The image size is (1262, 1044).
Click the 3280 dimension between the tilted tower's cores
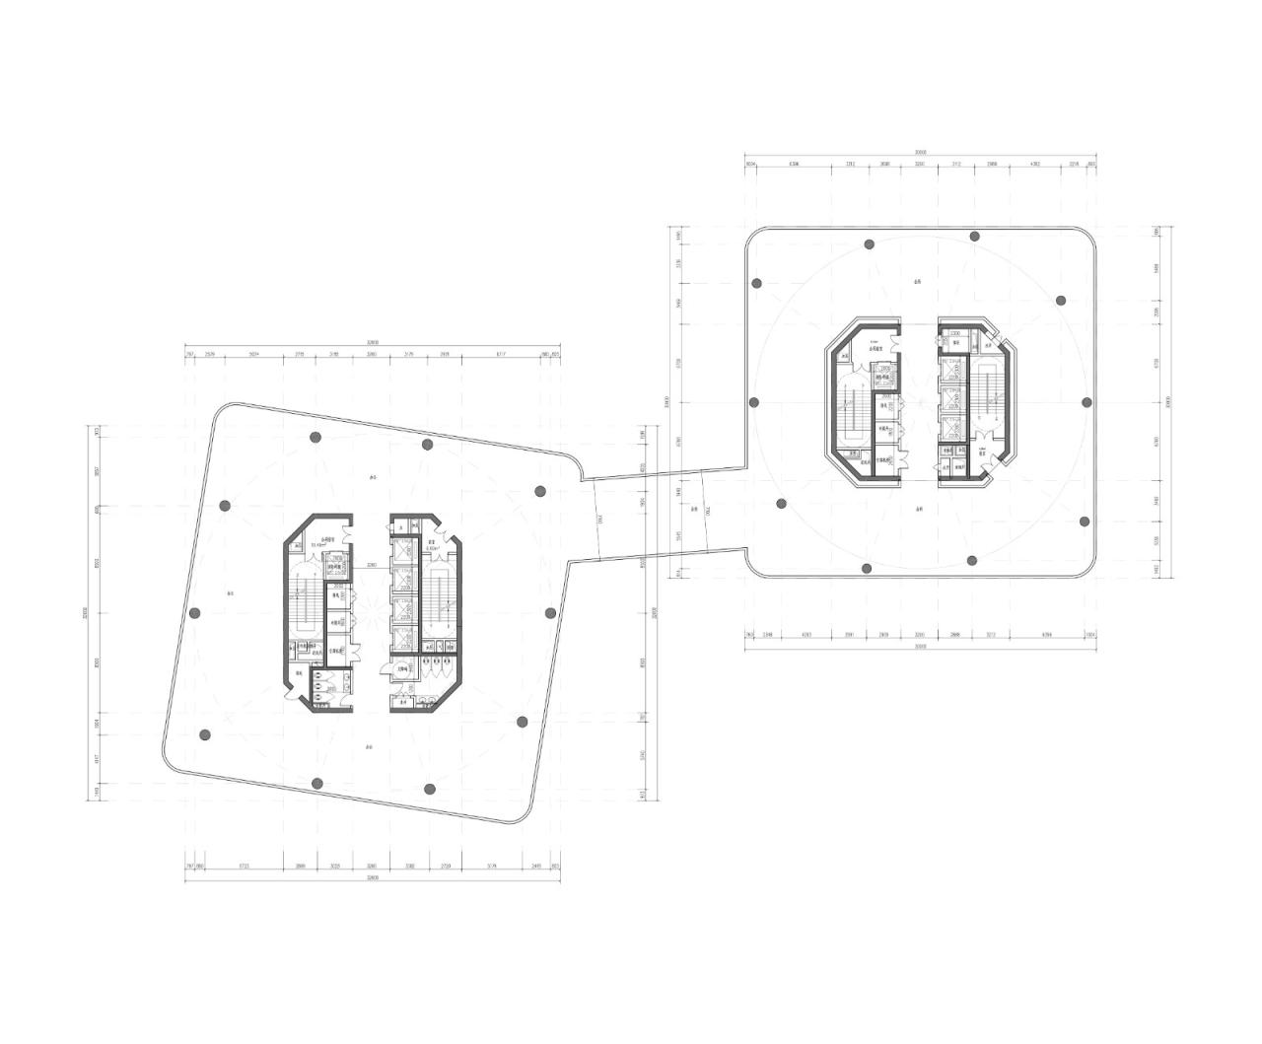point(371,565)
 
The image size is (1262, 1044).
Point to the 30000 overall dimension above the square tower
point(920,153)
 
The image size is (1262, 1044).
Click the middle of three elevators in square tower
point(951,398)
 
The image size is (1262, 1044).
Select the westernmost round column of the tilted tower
point(194,612)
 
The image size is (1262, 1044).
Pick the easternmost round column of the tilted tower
point(550,612)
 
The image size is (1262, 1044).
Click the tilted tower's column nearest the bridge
point(539,491)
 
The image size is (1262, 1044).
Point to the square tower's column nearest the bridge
point(781,504)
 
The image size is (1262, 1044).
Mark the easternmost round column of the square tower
point(1087,402)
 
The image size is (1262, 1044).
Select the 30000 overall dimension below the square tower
point(920,648)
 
